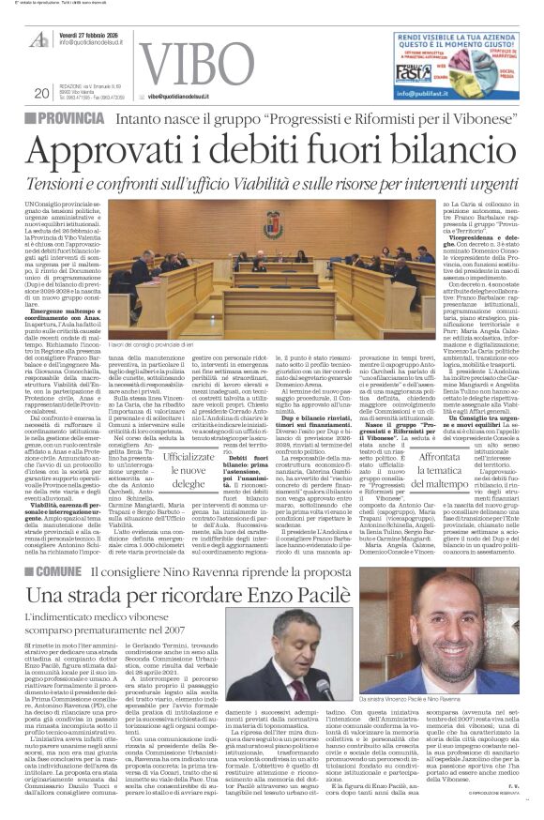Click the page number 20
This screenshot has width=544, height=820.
(x=40, y=93)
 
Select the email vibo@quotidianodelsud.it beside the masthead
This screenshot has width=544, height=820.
(x=191, y=96)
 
